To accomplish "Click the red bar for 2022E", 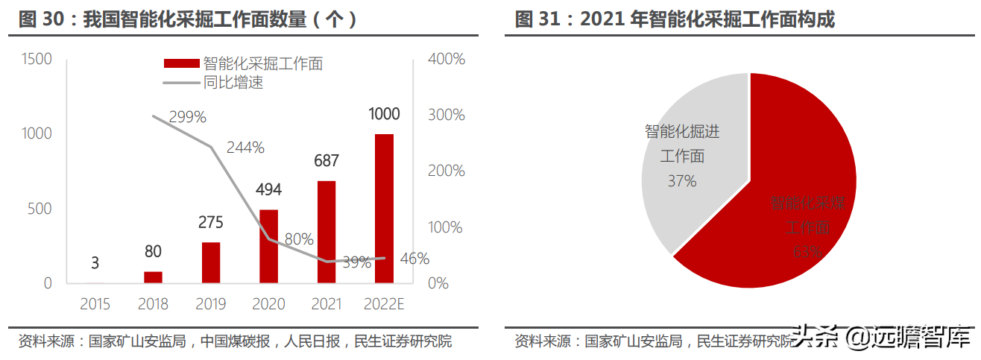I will [x=384, y=209].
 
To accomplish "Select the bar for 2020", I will [x=268, y=246].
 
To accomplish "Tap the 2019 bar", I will [x=211, y=262].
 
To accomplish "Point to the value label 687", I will [x=327, y=160].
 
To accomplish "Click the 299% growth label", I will [x=187, y=117].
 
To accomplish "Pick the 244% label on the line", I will [x=246, y=148].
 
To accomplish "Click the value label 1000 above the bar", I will [x=385, y=114].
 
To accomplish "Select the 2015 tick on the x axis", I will [x=95, y=304].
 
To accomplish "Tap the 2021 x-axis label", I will [x=326, y=304].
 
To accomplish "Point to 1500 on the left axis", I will [x=37, y=58].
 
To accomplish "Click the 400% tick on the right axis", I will [x=447, y=58].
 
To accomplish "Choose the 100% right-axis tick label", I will [x=447, y=227].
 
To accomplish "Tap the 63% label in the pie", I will [x=807, y=252].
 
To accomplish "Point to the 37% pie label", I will [x=681, y=180].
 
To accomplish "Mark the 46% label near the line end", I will [x=414, y=259].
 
